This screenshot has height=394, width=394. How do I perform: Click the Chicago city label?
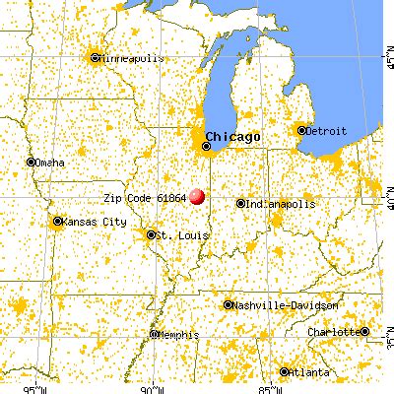[233, 136]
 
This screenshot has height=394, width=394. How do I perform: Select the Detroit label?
[326, 130]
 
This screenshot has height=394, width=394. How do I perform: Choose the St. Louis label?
[174, 234]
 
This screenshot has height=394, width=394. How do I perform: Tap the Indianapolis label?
[282, 204]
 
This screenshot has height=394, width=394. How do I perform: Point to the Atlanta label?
[309, 372]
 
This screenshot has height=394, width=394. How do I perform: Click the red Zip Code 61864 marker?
[198, 195]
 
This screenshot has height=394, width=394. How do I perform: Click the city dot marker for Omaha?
[32, 162]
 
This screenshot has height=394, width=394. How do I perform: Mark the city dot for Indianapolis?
[241, 204]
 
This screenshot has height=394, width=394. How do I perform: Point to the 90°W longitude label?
[148, 387]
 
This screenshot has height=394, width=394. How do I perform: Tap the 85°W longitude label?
[265, 387]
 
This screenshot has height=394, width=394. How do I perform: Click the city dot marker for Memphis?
[155, 336]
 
